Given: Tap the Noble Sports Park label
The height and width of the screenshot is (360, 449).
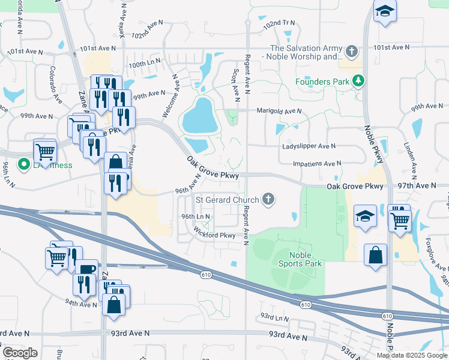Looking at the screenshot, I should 301,259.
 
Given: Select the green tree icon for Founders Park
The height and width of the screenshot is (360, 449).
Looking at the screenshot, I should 359,80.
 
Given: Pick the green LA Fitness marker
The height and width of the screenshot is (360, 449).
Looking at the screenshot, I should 24,164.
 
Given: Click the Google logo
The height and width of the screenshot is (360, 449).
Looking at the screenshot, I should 20,353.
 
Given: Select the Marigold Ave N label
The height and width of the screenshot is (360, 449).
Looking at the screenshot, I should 279,111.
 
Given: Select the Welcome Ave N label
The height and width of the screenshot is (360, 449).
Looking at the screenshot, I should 171,95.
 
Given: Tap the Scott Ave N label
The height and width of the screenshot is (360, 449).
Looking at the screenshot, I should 235,83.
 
